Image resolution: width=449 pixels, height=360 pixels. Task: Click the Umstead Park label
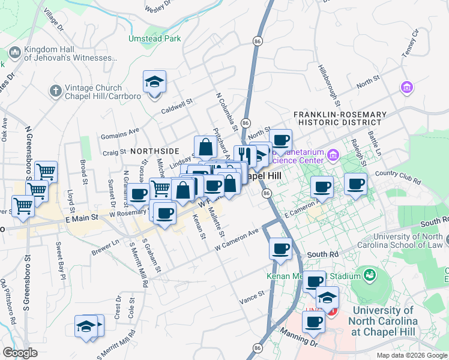(x=154, y=38)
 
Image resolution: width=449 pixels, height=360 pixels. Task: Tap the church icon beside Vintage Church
(x=55, y=91)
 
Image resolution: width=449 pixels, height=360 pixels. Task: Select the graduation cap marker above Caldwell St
(x=154, y=82)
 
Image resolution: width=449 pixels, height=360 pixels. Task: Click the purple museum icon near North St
(x=407, y=88)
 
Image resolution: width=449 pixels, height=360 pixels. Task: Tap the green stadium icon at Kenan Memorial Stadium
(x=369, y=276)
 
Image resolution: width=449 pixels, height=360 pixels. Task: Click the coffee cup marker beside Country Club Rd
(x=355, y=184)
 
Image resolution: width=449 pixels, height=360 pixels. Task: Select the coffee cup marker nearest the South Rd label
(x=280, y=248)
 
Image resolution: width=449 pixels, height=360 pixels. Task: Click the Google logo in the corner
(x=20, y=353)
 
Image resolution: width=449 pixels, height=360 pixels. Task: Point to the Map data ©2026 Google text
(x=412, y=355)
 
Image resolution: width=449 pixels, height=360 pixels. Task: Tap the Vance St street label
(x=252, y=296)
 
